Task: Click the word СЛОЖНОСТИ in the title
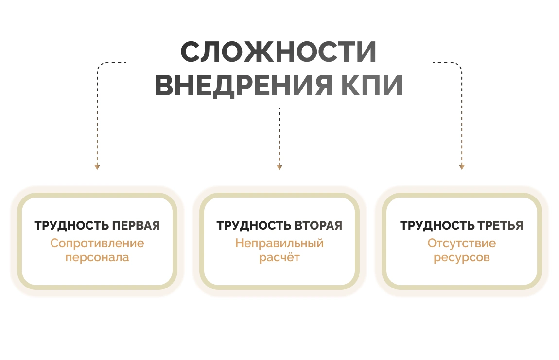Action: click(279, 52)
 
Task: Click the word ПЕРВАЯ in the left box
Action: click(136, 226)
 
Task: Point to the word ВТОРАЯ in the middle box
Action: click(318, 226)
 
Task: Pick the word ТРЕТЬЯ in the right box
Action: click(500, 226)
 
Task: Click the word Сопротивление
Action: click(97, 243)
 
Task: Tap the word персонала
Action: click(97, 257)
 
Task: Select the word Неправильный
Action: click(279, 243)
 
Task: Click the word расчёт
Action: click(279, 257)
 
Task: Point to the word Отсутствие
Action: click(462, 243)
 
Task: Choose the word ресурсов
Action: click(462, 257)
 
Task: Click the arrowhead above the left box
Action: click(97, 167)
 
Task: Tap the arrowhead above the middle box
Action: click(279, 167)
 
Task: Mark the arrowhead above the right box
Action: click(462, 167)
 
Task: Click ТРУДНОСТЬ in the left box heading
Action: click(71, 226)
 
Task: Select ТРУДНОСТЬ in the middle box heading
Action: click(254, 226)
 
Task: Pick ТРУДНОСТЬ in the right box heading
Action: click(437, 226)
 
